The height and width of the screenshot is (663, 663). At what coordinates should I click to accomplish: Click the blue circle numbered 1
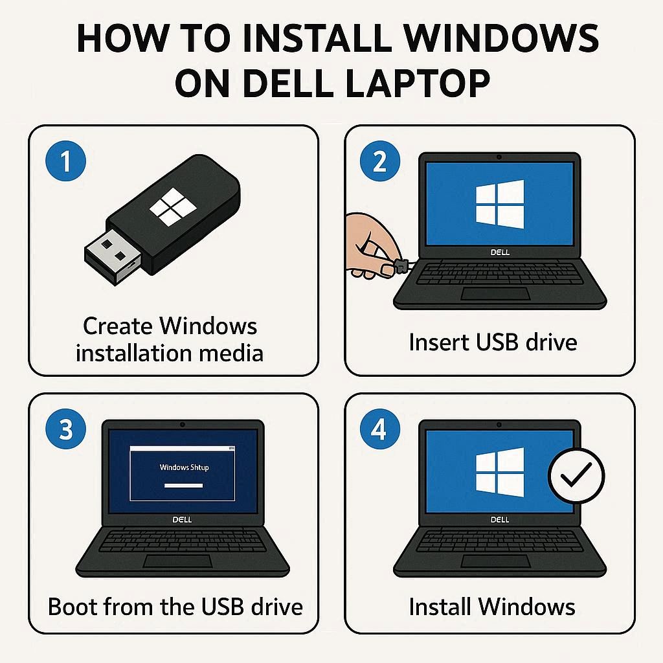[x=65, y=161]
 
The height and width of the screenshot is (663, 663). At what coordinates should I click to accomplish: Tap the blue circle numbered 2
[x=379, y=161]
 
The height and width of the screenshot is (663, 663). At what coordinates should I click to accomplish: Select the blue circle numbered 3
[x=65, y=429]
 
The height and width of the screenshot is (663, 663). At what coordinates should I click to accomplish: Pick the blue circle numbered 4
[x=379, y=429]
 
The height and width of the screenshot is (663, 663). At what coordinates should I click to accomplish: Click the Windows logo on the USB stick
[x=173, y=207]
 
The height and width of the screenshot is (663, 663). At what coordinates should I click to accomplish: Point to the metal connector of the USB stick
[x=112, y=255]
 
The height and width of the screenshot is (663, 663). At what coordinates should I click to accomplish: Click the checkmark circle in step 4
[x=576, y=475]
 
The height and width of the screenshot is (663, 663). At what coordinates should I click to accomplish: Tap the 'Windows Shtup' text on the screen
[x=184, y=467]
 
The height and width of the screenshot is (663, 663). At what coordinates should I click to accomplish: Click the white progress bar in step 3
[x=183, y=486]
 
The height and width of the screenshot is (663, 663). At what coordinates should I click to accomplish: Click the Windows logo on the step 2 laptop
[x=499, y=204]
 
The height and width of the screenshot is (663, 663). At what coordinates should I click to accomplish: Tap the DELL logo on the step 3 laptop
[x=182, y=520]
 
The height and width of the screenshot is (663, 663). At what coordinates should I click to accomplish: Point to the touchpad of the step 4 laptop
[x=495, y=561]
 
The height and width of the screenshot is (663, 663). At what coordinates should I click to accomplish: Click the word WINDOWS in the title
[x=500, y=38]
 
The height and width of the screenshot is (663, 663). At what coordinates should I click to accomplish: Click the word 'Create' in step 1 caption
[x=118, y=326]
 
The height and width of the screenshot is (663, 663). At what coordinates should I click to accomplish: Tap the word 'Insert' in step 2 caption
[x=439, y=342]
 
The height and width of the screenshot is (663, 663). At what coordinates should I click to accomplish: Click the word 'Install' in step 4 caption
[x=440, y=607]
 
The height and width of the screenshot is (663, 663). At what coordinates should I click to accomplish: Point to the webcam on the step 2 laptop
[x=499, y=157]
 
